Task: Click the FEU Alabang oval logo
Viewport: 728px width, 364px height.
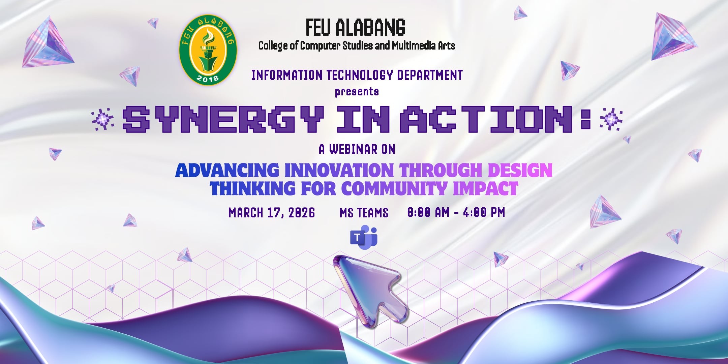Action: coord(208,50)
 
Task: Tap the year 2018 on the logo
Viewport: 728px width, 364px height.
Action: coord(208,79)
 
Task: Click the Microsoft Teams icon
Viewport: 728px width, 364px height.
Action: coord(364,237)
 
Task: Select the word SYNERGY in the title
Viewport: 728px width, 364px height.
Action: coord(223,119)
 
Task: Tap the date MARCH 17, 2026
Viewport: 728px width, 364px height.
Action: coord(272,213)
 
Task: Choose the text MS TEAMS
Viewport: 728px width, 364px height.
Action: coord(364,213)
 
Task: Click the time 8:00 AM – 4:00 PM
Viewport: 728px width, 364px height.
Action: coord(456,212)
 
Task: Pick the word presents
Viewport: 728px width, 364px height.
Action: coord(357,92)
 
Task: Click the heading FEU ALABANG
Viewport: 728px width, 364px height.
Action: coord(356,27)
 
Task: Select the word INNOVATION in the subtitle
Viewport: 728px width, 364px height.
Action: coord(339,170)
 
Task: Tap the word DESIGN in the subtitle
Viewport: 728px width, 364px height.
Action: coord(520,170)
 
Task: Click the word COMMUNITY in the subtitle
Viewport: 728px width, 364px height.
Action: coord(394,188)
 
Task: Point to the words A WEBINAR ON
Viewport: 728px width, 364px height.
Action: coord(357,149)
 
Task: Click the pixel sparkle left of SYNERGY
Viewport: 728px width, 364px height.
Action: coord(103,119)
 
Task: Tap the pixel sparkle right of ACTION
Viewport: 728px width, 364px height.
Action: coord(611,119)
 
